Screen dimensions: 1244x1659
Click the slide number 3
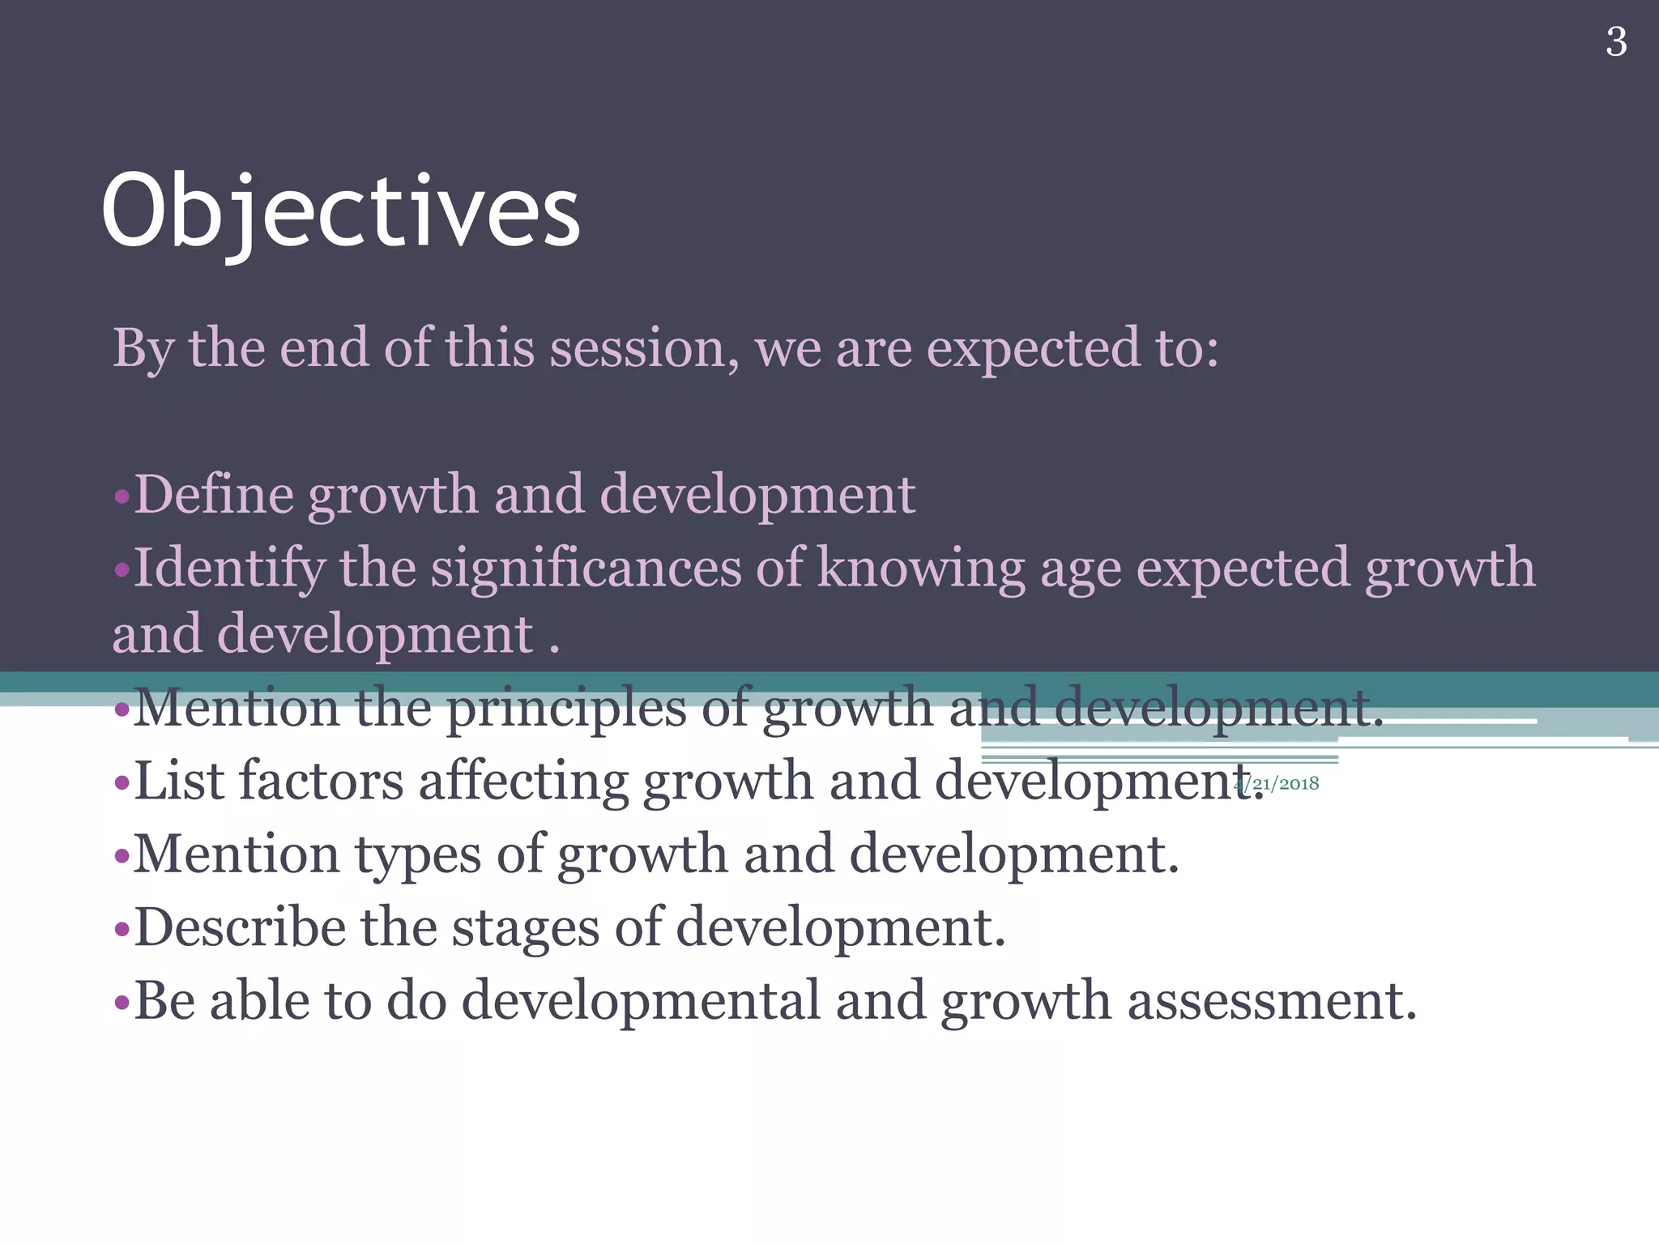[x=1615, y=42]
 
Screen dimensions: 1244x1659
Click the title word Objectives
[x=340, y=212]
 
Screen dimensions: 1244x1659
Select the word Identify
[x=228, y=569]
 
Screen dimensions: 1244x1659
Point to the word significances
[x=585, y=568]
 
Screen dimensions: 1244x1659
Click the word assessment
[x=1271, y=1001]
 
